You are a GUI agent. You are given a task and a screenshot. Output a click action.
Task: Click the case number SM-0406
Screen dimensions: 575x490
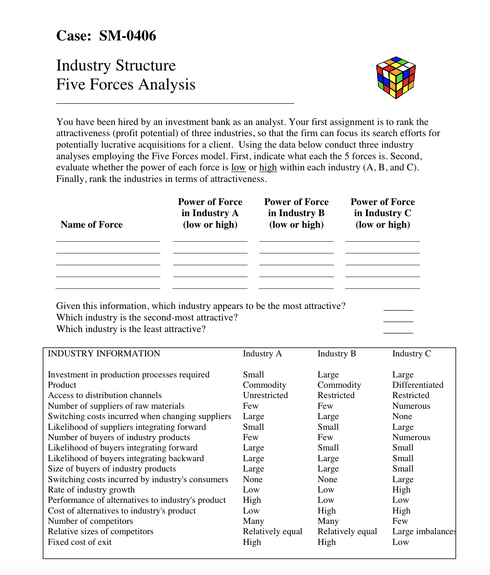(x=127, y=36)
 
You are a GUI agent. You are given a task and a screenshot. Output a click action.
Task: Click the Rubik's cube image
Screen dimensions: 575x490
(x=396, y=78)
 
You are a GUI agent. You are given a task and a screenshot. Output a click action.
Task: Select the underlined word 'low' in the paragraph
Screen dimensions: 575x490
(x=238, y=167)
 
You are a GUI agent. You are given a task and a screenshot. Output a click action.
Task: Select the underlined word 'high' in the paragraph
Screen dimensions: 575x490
(x=268, y=167)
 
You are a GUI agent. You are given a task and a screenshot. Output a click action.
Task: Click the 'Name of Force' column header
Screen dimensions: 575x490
(x=91, y=224)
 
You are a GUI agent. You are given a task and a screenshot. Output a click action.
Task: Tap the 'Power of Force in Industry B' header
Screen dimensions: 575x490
(x=296, y=213)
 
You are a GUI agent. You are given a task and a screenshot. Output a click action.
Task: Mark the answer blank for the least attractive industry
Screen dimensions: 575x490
(x=398, y=330)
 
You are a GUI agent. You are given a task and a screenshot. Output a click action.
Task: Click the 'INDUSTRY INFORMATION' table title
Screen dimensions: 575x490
(x=104, y=353)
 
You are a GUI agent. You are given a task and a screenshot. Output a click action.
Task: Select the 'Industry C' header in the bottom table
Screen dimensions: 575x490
(x=411, y=353)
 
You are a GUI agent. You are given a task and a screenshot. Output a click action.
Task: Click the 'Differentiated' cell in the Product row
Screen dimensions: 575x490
(x=417, y=385)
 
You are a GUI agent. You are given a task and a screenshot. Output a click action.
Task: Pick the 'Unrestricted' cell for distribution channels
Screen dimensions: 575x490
(x=265, y=395)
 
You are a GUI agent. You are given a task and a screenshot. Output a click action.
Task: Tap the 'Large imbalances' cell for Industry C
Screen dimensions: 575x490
(x=423, y=531)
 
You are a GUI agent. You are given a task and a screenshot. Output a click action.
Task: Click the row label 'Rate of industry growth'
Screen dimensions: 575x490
(x=91, y=490)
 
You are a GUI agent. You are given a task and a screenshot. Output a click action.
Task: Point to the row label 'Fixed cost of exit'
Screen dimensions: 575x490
(x=80, y=542)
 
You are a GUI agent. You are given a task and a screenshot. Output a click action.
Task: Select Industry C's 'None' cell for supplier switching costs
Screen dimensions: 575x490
(x=402, y=416)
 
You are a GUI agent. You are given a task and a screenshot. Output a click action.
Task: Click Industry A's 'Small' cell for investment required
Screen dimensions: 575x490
(x=253, y=375)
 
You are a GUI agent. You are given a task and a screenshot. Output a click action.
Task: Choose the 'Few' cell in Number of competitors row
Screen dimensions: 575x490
(x=400, y=521)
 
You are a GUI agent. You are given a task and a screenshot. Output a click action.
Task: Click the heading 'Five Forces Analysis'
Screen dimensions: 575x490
(x=126, y=85)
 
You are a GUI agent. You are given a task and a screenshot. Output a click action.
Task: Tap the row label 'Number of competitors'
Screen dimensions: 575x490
(x=90, y=521)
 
